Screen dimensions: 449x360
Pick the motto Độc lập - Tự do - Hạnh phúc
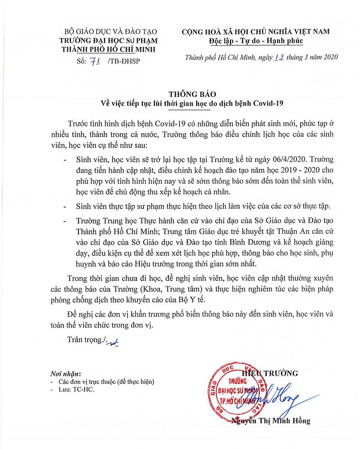tap(256, 41)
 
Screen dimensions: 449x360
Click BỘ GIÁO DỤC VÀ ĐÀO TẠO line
tap(102, 32)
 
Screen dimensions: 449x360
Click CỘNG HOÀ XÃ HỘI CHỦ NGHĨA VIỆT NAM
tap(256, 31)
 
